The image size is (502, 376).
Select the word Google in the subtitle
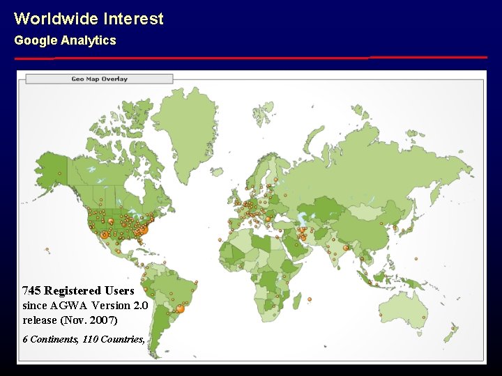coord(36,40)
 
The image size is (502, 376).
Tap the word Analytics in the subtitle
coord(89,40)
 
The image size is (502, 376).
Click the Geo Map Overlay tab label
coord(100,79)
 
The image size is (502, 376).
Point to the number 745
coord(31,290)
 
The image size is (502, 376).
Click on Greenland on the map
coord(185,132)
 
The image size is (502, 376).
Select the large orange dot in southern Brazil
coord(180,308)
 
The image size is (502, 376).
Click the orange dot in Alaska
coord(60,173)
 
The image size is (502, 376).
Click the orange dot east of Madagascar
coord(310,299)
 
